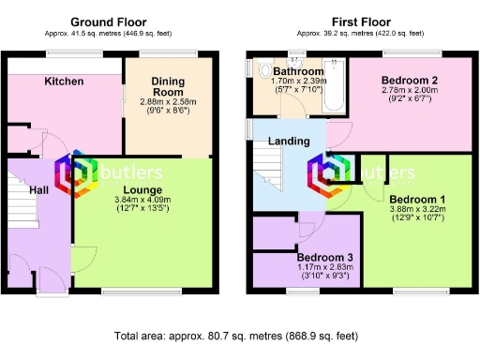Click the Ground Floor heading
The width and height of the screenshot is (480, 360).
click(108, 21)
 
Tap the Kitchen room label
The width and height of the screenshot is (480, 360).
click(64, 82)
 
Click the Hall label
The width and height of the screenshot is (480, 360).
click(38, 189)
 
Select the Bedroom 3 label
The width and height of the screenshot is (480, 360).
click(324, 257)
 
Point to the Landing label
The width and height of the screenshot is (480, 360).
click(290, 142)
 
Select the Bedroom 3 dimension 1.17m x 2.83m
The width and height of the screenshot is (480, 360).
click(324, 267)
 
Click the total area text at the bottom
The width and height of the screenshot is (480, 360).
click(236, 335)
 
